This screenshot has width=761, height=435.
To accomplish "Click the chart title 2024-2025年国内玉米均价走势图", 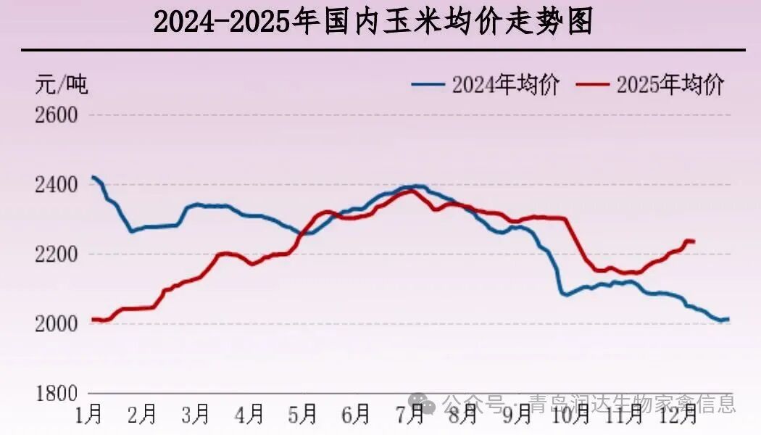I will point(374,22).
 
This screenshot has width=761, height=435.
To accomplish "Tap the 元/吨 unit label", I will point(62,85).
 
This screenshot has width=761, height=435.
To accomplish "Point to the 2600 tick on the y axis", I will point(57,115).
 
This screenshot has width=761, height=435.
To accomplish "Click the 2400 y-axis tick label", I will point(57,186).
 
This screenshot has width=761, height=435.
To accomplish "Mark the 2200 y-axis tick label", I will point(57,254).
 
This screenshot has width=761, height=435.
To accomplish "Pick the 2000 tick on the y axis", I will point(57,323).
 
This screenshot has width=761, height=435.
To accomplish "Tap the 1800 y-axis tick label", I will point(57,394).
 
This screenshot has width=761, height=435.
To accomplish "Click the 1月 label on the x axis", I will point(89,415).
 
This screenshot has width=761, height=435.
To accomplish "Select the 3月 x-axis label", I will point(196,415).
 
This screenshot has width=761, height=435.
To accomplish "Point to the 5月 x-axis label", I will point(304,415).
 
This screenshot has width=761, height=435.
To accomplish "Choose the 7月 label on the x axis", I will point(411,415).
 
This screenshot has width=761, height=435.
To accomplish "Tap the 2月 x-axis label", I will point(143,415).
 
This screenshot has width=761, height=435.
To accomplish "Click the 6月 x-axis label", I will point(357,415).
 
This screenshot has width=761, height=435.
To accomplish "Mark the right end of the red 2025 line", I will point(694,241).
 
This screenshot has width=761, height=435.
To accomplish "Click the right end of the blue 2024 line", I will point(728,319).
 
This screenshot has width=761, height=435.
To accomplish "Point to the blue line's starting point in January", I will point(92,177).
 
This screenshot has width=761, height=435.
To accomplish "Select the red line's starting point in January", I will point(92,319).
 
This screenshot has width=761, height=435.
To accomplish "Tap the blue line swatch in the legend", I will point(428,85).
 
